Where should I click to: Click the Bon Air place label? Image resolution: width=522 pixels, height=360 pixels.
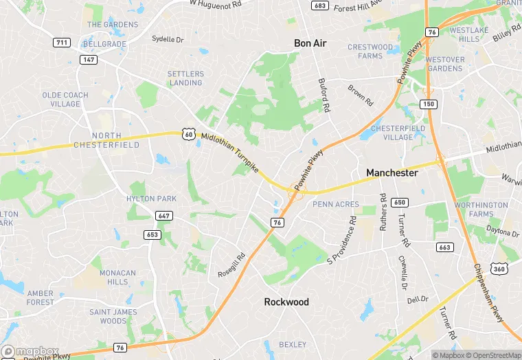pos(310,43)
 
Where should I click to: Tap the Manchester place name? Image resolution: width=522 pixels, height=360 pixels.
pos(391,173)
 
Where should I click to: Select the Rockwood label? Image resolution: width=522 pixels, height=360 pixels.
pos(286,302)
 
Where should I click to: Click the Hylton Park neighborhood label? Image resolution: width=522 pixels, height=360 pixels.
pos(151,199)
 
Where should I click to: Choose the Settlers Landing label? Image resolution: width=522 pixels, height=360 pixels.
pos(185,78)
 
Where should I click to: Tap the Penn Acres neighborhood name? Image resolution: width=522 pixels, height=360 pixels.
pos(336,205)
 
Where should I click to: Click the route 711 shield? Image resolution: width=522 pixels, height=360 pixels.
pos(62,43)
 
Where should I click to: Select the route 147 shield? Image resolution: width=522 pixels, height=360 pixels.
pos(87,60)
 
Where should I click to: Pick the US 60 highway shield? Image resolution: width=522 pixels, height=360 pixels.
pos(189,134)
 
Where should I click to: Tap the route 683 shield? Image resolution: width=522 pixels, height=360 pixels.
pos(319,5)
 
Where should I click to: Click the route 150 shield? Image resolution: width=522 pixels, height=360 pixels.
pos(429,104)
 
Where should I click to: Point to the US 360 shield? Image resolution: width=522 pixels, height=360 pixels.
pos(499,269)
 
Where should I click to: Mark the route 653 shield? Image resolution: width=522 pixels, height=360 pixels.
pos(152,234)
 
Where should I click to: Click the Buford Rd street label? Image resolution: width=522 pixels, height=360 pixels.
pos(324,95)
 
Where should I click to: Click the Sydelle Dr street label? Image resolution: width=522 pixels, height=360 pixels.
pos(168,40)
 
